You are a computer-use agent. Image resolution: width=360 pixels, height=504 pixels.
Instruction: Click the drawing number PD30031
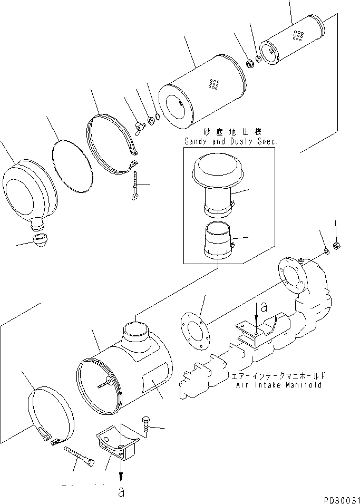coord(339,498)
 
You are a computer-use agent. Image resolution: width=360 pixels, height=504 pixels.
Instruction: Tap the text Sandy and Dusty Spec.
coord(230,141)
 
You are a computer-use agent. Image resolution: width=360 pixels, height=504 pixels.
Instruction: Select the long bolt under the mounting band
coord(79,456)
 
